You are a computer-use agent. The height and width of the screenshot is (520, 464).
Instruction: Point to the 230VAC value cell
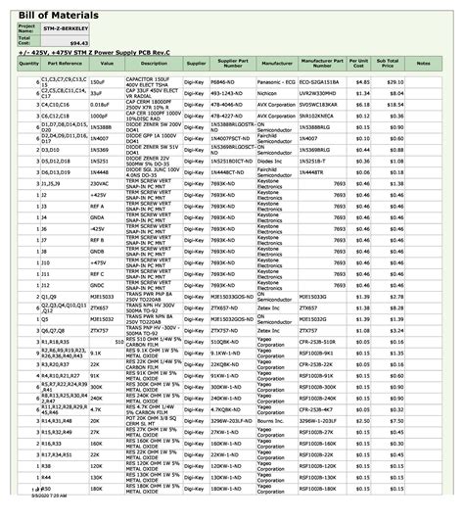[100, 183]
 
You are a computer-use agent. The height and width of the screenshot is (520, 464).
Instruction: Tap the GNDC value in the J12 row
[99, 284]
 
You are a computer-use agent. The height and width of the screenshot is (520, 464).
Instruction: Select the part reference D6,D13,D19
[61, 172]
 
